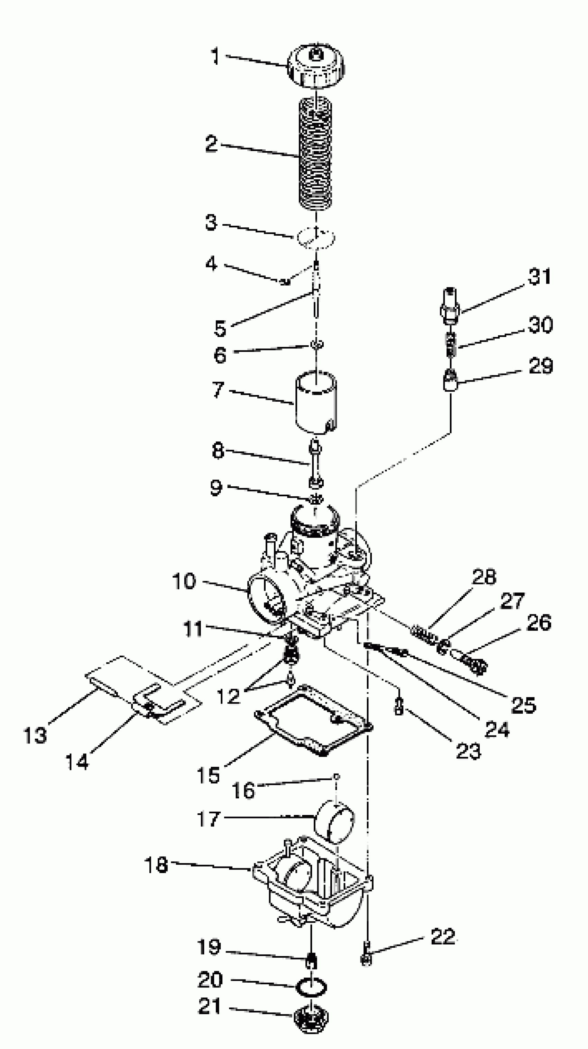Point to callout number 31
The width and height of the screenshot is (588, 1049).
(540, 277)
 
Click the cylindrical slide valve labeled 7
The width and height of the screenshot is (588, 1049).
(316, 402)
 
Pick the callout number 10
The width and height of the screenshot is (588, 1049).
(184, 581)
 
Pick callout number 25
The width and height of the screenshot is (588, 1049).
(523, 704)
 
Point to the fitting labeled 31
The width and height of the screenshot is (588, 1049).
(450, 306)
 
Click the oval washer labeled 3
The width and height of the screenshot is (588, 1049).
(316, 237)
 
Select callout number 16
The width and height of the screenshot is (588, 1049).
(243, 790)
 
